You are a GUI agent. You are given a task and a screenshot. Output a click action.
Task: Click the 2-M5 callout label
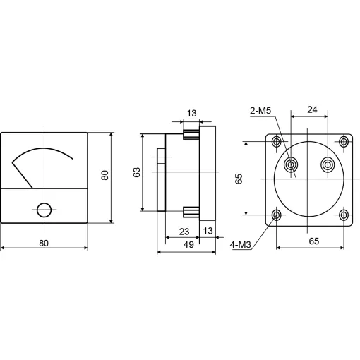pyautogui.click(x=260, y=111)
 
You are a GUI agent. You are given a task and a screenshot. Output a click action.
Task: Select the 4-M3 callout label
pyautogui.click(x=241, y=245)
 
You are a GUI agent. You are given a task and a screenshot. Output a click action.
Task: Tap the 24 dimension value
pyautogui.click(x=312, y=109)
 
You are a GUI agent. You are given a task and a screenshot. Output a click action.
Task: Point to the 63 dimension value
pyautogui.click(x=137, y=172)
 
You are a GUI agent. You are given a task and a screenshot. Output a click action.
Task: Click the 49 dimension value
pyautogui.click(x=188, y=245)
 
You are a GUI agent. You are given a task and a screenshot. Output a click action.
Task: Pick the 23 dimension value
pyautogui.click(x=184, y=232)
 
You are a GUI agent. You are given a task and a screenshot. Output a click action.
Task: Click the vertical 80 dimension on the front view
pyautogui.click(x=104, y=175)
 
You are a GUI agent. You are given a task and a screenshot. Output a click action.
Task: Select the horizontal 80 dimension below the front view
pyautogui.click(x=44, y=243)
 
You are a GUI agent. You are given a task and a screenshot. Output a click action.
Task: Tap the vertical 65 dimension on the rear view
pyautogui.click(x=239, y=179)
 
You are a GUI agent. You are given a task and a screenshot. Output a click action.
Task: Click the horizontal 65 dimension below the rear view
pyautogui.click(x=314, y=241)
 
